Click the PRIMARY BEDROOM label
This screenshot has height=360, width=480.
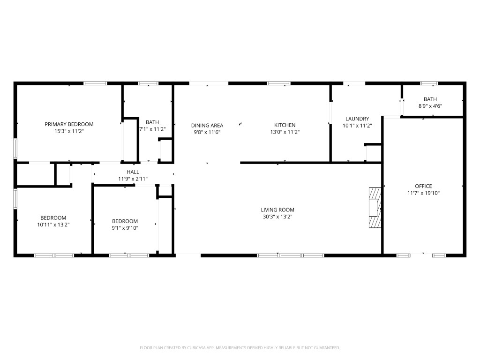coord(69,124)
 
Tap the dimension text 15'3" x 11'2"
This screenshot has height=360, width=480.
coord(69,131)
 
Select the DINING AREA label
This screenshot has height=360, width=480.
coord(207,126)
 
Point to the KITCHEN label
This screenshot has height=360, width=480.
coord(285,125)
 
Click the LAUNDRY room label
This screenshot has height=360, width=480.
coord(357,119)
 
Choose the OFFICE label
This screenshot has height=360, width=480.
coord(423,186)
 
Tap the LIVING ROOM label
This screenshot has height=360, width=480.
coord(277,210)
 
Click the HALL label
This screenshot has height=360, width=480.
coord(133,172)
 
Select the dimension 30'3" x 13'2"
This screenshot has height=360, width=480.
coord(277,217)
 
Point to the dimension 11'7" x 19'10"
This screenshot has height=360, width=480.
coord(423,193)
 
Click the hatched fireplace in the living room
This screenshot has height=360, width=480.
coord(375,208)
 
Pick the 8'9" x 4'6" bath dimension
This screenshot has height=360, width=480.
coord(430,106)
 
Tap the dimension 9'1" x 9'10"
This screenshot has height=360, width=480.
coord(125,228)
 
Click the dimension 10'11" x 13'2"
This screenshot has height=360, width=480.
coord(53,225)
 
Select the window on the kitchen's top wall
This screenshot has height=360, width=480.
coord(278,83)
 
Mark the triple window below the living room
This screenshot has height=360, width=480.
coord(291,255)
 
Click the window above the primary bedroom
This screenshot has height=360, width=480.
coord(96,83)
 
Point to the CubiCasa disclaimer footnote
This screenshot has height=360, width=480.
coord(240,348)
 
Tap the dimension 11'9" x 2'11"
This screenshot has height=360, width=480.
coord(133,179)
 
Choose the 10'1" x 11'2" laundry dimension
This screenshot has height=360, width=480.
coord(357,126)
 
